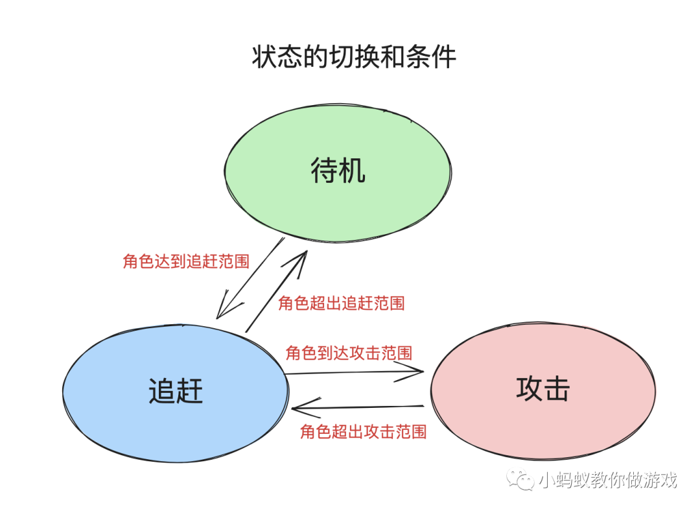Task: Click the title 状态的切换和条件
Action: (354, 58)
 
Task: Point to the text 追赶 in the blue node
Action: (176, 391)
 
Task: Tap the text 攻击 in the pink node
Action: (543, 389)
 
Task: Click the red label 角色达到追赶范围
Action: (186, 262)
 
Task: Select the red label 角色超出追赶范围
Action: (342, 303)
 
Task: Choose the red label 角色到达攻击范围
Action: (349, 353)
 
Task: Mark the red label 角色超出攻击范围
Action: (363, 432)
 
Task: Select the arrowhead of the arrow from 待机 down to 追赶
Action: (220, 314)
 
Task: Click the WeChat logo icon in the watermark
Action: (521, 481)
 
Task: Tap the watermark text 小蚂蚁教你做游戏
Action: (608, 481)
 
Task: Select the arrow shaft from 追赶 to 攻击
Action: (350, 373)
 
